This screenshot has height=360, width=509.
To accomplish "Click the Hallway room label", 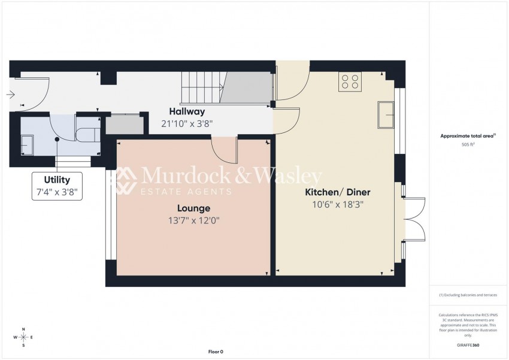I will tap(187, 111).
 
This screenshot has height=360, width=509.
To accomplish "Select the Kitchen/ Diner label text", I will tap(338, 192).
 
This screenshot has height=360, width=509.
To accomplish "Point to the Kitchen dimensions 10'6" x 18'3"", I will tap(338, 204).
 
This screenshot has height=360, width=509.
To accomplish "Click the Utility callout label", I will tap(57, 180).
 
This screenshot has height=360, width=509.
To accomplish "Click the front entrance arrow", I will tap(10, 94).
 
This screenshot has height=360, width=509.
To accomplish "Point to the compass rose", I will tap(23, 337).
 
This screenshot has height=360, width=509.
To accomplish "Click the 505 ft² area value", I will tap(469, 145).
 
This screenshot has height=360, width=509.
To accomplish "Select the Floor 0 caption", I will tap(215, 352).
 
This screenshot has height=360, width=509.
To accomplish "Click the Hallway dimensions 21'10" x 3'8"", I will tap(187, 123).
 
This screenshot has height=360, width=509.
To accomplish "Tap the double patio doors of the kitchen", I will tap(413, 220).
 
